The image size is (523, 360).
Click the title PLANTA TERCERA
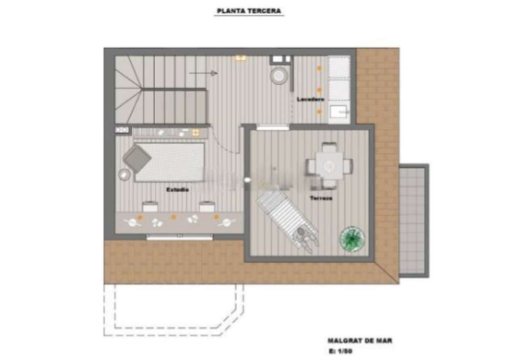pyautogui.click(x=249, y=11)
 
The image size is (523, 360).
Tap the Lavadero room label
pyautogui.click(x=311, y=100)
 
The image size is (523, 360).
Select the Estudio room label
pyautogui.click(x=177, y=189)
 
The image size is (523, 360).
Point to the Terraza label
pyautogui.click(x=321, y=198)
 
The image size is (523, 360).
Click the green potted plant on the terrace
pyautogui.click(x=352, y=238)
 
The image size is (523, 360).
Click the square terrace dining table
pyautogui.click(x=329, y=165)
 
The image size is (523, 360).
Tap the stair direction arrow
pyautogui.click(x=203, y=74)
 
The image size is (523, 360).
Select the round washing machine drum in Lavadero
pyautogui.click(x=279, y=76)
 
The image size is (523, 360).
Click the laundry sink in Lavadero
pyautogui.click(x=339, y=113)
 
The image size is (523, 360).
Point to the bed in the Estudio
pyautogui.click(x=170, y=162)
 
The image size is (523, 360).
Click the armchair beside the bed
pyautogui.click(x=137, y=159)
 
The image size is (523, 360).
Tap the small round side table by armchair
pyautogui.click(x=125, y=175)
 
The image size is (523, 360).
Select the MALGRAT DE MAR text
pyautogui.click(x=360, y=341)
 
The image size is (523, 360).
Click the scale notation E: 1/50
pyautogui.click(x=340, y=351)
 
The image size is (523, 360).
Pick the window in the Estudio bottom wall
pyautogui.click(x=180, y=237)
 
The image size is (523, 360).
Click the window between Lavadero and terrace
pyautogui.click(x=273, y=127)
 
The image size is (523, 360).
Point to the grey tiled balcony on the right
pyautogui.click(x=413, y=221)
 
